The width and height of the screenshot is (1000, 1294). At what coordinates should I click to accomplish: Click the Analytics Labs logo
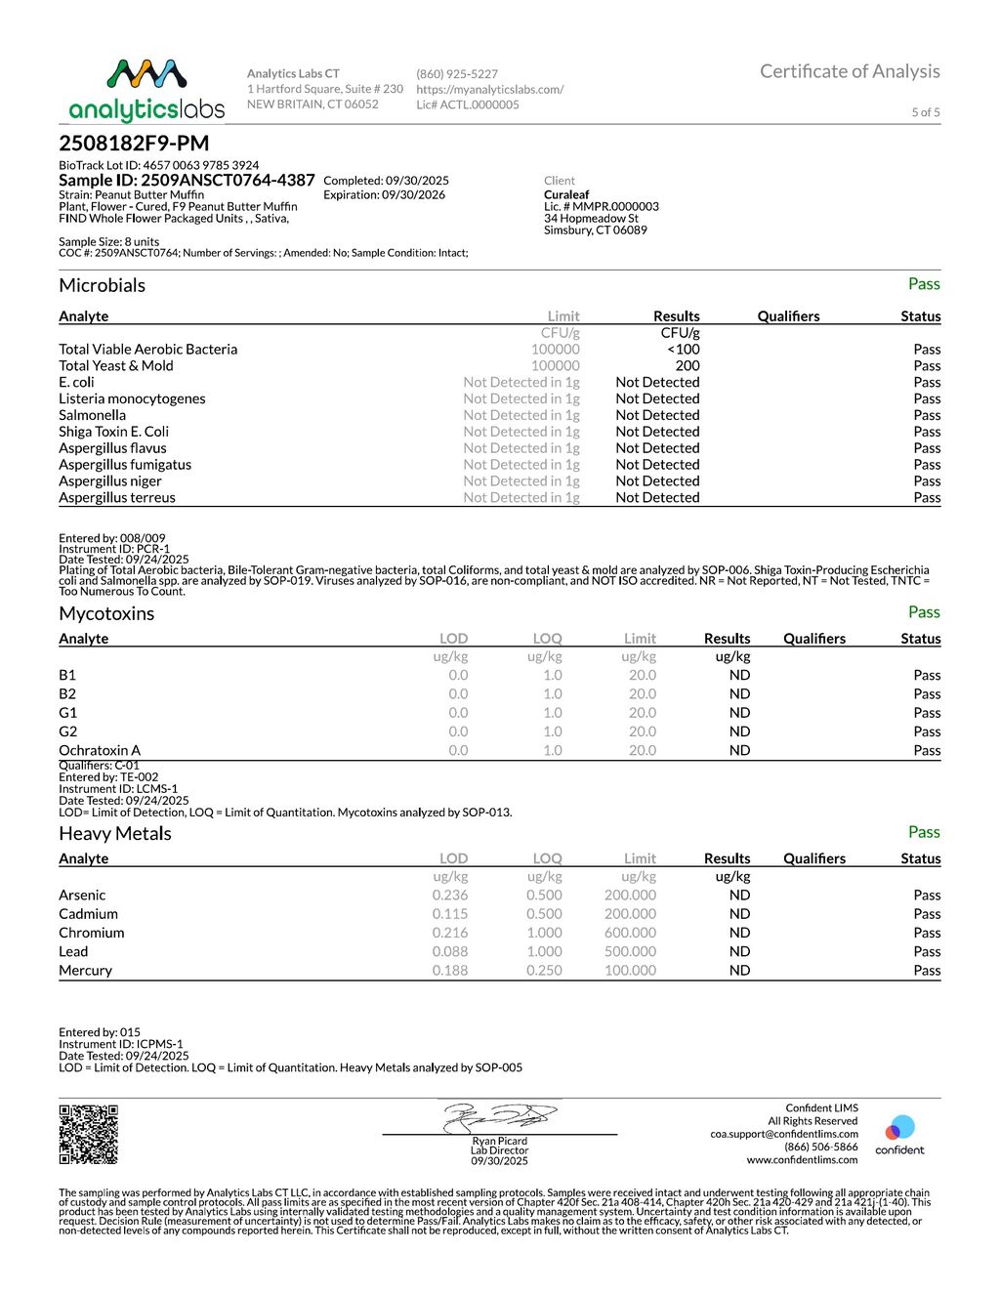[146, 90]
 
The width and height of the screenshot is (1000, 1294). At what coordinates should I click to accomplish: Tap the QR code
[88, 1134]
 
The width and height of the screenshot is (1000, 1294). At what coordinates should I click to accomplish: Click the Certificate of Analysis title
[850, 71]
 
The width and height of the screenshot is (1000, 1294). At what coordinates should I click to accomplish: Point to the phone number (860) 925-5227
[457, 74]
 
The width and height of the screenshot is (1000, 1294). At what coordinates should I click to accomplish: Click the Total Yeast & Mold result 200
[687, 366]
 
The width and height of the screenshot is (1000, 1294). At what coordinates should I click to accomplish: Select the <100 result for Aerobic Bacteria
[684, 350]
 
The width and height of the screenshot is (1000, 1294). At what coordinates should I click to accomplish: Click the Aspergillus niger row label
[110, 481]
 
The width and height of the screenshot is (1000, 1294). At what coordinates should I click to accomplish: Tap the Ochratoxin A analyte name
[100, 751]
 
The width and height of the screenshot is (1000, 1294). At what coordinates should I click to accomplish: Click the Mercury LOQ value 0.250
[544, 971]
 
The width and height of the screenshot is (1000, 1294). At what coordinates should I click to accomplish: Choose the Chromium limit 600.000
[630, 933]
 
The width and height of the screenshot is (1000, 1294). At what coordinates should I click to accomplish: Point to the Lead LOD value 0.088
[450, 952]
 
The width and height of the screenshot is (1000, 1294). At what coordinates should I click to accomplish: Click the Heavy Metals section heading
[115, 834]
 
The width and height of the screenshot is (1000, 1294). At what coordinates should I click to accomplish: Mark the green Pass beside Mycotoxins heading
[924, 612]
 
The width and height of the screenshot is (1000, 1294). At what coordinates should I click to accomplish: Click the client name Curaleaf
[566, 194]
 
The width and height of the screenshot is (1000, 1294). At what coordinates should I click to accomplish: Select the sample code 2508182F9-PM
[134, 144]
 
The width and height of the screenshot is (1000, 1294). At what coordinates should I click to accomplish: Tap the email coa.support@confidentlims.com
[784, 1134]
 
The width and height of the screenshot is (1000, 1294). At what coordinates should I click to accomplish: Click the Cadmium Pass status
[927, 914]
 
